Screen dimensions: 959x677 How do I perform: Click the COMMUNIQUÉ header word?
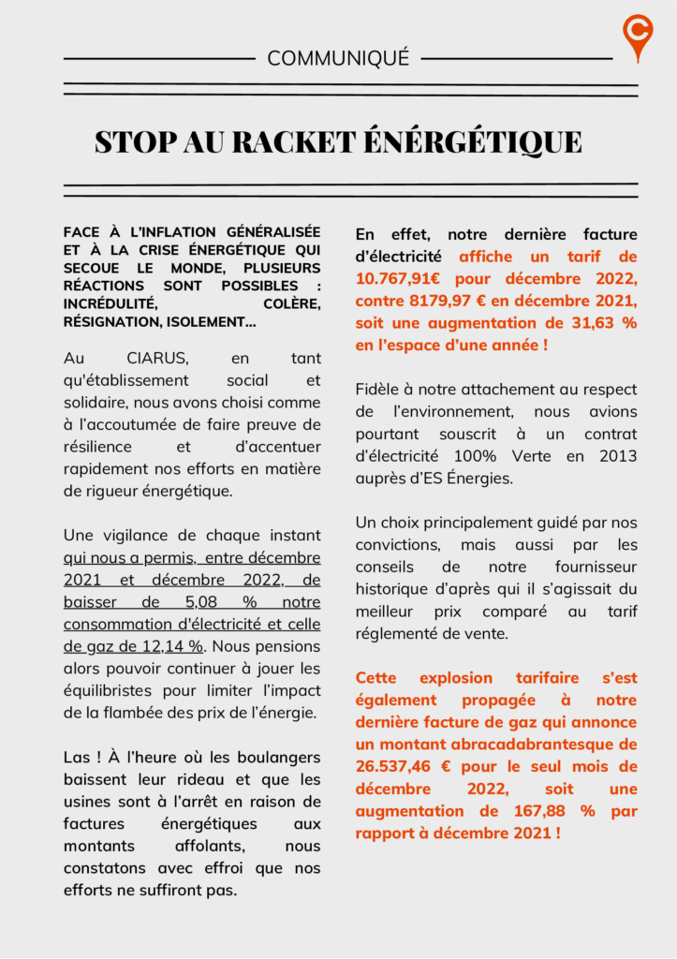338,58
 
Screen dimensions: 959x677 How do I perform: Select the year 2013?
617,456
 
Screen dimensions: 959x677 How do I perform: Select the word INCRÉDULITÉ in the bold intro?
110,304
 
